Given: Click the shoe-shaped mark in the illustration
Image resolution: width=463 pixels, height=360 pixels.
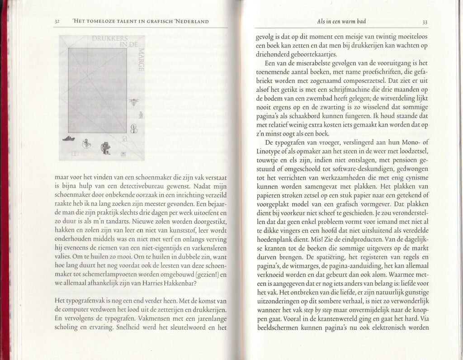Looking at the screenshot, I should (x=69, y=138).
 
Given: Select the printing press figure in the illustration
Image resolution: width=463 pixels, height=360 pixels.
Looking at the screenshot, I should (x=106, y=148).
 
